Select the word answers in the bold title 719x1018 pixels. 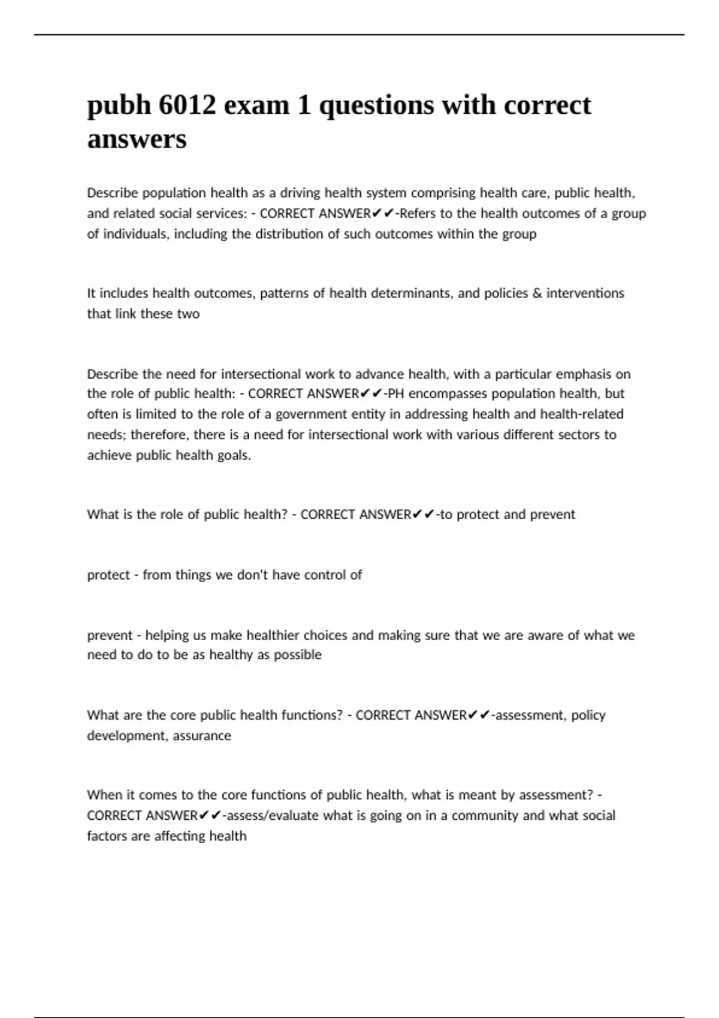137,140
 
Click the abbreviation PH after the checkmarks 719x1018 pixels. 396,394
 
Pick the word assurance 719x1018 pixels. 202,735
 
